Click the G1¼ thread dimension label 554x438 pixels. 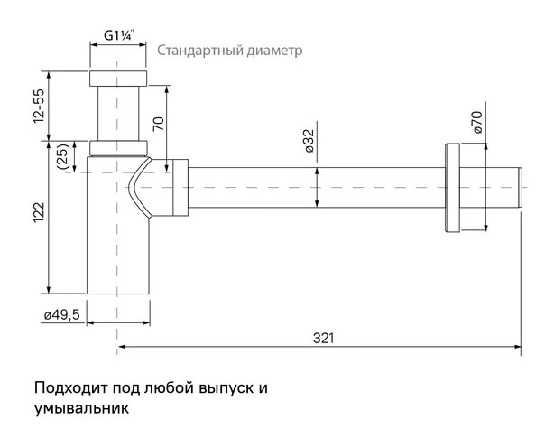[119, 36]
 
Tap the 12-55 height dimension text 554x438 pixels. [40, 106]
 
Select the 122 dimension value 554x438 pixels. [39, 212]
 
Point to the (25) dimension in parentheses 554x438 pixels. [63, 156]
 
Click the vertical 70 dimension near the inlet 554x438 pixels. [159, 124]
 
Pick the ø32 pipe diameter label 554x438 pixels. [309, 141]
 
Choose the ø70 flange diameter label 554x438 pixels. [477, 122]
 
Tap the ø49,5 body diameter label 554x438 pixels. [62, 314]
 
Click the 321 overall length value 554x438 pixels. [323, 339]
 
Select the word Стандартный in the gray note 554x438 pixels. [200, 51]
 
